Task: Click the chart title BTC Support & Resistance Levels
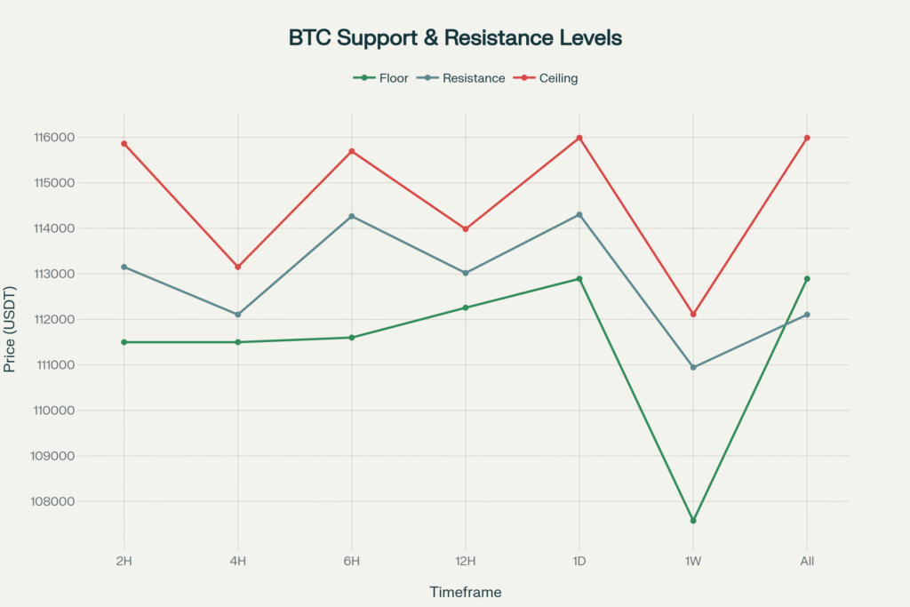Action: [x=455, y=38]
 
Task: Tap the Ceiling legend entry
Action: [x=558, y=78]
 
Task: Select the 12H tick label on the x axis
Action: [x=465, y=562]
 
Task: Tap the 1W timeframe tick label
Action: [x=693, y=562]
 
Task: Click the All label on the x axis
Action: [x=807, y=562]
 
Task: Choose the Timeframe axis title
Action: [x=465, y=592]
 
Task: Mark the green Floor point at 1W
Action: [x=693, y=521]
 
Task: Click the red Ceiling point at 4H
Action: [x=237, y=267]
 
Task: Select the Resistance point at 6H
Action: [x=351, y=216]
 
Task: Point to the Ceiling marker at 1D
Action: [x=579, y=138]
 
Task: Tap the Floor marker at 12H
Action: [x=465, y=307]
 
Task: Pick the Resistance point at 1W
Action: [x=693, y=367]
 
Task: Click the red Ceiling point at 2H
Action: [x=124, y=143]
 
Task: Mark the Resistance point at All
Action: [x=807, y=315]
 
